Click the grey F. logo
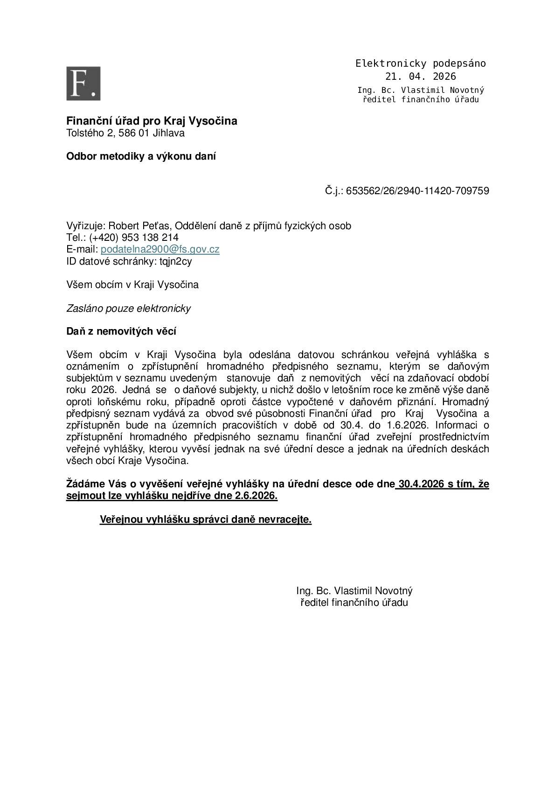click(x=83, y=84)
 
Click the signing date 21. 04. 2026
click(x=420, y=77)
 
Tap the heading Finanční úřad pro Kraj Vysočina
click(x=152, y=121)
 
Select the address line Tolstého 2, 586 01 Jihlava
click(x=125, y=133)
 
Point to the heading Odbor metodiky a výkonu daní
click(x=141, y=157)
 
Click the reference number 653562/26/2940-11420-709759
click(x=417, y=191)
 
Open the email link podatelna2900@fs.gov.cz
click(x=160, y=250)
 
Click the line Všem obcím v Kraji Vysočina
click(x=132, y=285)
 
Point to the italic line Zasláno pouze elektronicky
click(x=128, y=309)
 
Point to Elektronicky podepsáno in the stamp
click(x=420, y=63)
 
